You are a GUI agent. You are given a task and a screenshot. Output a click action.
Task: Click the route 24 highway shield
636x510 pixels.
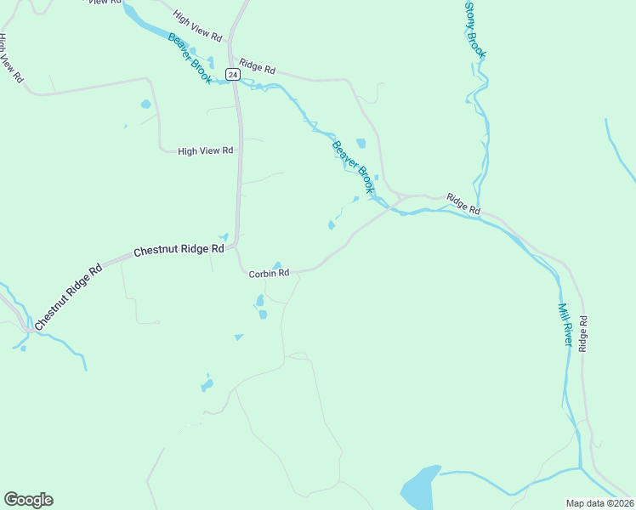pos(233,75)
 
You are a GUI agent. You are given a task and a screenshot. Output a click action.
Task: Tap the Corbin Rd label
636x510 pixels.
pos(270,274)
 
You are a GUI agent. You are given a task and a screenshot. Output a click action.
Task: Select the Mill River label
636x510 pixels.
pos(565,324)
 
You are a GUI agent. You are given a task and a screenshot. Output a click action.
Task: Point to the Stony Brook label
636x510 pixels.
pos(475,30)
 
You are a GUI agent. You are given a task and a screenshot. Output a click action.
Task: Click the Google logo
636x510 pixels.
pos(28,500)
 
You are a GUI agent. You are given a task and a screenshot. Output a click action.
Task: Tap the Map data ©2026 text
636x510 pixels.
pos(599,503)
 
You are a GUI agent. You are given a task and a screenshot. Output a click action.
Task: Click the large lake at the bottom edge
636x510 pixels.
pos(420,487)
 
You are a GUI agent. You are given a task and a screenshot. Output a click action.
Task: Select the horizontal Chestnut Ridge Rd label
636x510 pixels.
pos(179,251)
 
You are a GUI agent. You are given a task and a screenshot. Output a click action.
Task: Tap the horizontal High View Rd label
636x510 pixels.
pos(205,151)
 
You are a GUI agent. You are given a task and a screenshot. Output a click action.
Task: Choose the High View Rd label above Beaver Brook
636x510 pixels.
pos(196,27)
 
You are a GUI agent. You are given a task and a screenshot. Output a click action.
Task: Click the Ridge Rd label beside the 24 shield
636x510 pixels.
pos(258,65)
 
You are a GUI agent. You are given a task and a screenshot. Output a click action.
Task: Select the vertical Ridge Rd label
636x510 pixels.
pos(583,334)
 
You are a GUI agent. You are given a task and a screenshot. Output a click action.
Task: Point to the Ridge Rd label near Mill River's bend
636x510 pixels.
pos(463,204)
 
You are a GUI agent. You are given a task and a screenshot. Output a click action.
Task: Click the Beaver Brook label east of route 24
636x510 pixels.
pos(353,167)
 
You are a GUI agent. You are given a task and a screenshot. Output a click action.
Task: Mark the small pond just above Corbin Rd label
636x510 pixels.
pos(276,264)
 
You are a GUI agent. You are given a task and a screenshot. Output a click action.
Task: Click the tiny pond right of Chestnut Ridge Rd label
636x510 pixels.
pos(224,237)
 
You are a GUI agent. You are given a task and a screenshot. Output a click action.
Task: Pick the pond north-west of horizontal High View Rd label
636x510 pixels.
pos(145,105)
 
